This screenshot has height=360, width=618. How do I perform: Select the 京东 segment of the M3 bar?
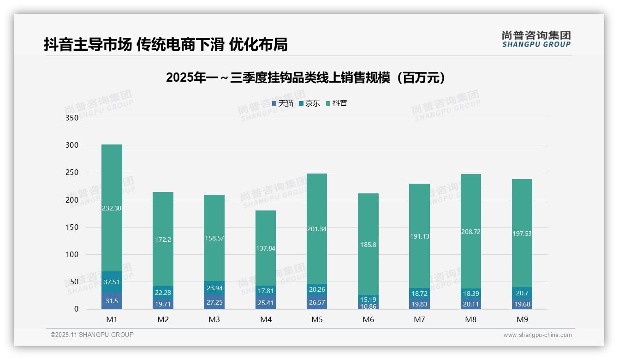[214, 288]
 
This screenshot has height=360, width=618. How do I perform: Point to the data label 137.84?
[266, 248]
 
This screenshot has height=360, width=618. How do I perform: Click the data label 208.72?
[471, 232]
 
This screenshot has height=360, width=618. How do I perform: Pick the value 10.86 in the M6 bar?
[368, 306]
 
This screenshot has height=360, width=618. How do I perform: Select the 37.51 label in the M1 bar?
[112, 282]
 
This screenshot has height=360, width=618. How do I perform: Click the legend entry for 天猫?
[283, 103]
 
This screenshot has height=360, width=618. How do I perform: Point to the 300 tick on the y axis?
[72, 145]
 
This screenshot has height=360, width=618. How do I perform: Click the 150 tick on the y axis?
[72, 227]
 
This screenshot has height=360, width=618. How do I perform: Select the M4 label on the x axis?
[266, 319]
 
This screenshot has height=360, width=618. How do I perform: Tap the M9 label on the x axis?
[522, 319]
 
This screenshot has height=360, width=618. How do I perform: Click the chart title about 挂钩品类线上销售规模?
[306, 78]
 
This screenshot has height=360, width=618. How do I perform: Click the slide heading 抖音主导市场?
[166, 45]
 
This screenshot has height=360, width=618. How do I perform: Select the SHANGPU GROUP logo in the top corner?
[536, 39]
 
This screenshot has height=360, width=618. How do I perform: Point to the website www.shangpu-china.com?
[537, 335]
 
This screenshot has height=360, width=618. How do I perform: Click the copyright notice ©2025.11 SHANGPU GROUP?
[92, 335]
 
